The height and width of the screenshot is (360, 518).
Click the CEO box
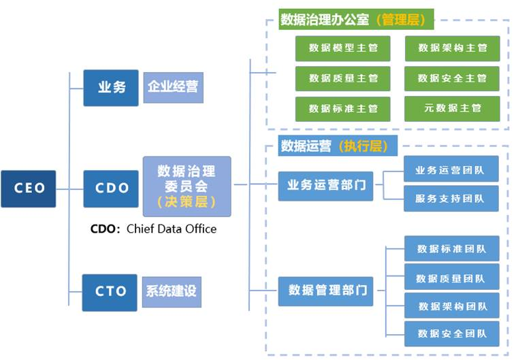click(x=29, y=189)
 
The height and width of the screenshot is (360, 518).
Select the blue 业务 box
click(x=111, y=88)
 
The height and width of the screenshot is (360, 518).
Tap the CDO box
click(x=111, y=189)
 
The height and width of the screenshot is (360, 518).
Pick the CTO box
click(x=110, y=292)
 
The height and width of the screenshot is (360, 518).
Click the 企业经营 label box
click(x=173, y=88)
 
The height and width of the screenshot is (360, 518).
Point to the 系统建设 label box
click(x=172, y=291)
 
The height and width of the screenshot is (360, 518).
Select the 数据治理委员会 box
click(x=187, y=185)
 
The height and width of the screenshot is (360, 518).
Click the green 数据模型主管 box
click(x=343, y=48)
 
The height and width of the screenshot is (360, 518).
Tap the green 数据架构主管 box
click(x=452, y=48)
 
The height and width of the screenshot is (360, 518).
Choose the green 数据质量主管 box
click(x=343, y=78)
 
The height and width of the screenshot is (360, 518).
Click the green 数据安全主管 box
click(x=452, y=78)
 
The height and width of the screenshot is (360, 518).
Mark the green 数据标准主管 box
click(x=343, y=108)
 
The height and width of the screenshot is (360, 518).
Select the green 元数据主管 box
click(x=452, y=108)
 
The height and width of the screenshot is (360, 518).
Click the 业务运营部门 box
click(x=326, y=185)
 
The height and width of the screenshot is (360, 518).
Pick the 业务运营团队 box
click(x=451, y=169)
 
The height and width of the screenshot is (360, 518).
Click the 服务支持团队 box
click(x=451, y=199)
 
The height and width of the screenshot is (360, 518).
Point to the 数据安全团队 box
click(x=451, y=333)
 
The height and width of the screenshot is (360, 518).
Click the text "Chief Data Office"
click(x=172, y=229)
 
